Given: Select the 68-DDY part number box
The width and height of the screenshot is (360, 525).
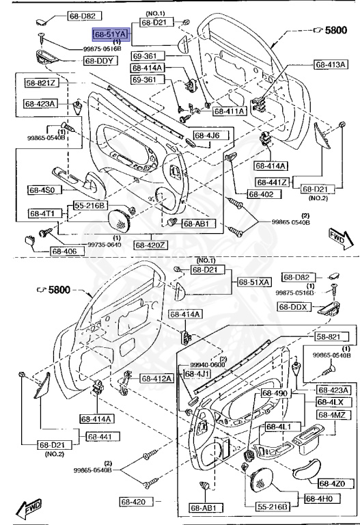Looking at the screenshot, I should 100,61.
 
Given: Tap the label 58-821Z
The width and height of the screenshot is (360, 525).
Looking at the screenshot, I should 42,83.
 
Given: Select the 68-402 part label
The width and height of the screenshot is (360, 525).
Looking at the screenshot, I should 260,194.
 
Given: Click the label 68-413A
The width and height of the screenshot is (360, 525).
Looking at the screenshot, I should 331,65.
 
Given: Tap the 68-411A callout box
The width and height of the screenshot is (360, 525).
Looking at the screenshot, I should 229,111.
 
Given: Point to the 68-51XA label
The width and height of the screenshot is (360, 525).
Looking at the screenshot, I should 254,282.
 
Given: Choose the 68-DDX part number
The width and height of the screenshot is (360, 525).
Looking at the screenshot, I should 294,308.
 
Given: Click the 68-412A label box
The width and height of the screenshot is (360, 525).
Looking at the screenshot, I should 157,378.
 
